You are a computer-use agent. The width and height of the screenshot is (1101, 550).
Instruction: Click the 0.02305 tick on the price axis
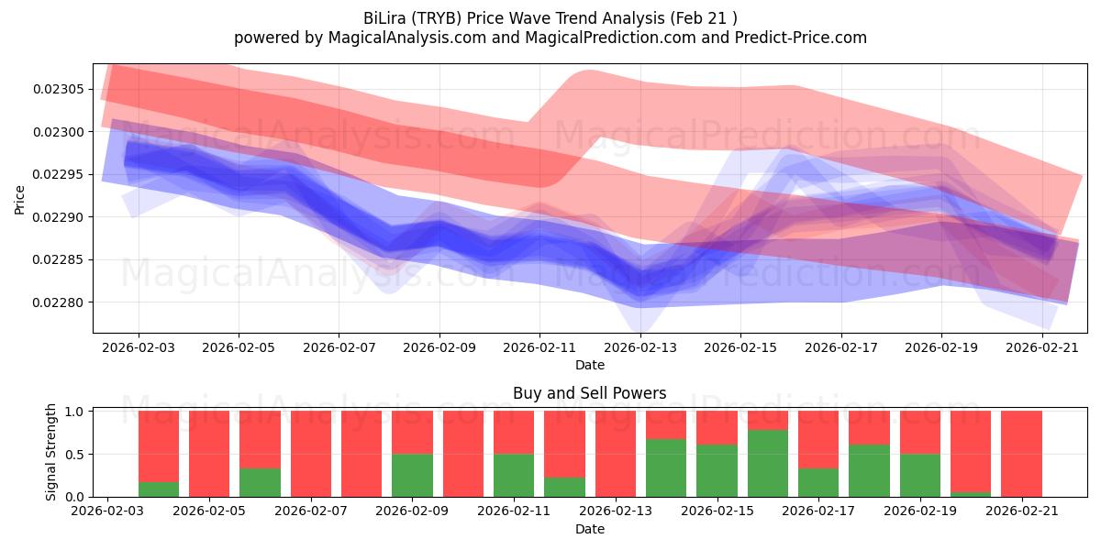point(59,90)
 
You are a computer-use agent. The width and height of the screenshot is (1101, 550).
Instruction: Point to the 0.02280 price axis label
point(59,302)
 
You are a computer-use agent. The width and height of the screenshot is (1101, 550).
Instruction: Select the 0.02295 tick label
point(59,174)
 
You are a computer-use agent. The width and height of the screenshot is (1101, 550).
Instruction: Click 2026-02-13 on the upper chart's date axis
point(640,347)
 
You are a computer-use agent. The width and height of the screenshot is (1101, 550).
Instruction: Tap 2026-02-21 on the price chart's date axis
point(1042,347)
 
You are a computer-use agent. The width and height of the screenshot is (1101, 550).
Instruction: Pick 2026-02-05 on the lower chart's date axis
point(209,511)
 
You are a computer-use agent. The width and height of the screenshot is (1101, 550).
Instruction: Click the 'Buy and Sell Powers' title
point(589,393)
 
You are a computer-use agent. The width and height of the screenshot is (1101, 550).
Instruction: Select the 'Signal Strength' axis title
point(50,452)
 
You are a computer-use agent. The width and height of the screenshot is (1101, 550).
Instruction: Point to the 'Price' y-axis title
point(19,200)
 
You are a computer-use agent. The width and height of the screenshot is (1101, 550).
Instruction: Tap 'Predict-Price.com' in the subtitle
point(801,38)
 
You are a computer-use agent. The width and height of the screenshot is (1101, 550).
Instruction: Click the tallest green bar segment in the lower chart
point(768,463)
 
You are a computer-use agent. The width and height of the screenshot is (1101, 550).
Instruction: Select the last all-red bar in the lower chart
point(1021,454)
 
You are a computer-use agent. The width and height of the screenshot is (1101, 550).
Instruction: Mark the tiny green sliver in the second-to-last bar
point(971,494)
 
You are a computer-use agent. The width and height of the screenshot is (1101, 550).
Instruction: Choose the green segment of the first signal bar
point(158,489)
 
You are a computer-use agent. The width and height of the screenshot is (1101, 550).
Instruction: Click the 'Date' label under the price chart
point(590,365)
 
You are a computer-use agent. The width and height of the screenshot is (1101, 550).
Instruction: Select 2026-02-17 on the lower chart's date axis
point(818,511)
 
